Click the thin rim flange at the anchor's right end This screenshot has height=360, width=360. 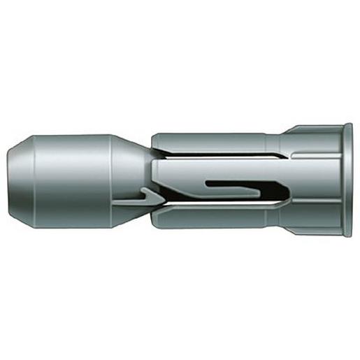(347, 180)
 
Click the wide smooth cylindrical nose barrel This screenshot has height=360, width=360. (70, 180)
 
